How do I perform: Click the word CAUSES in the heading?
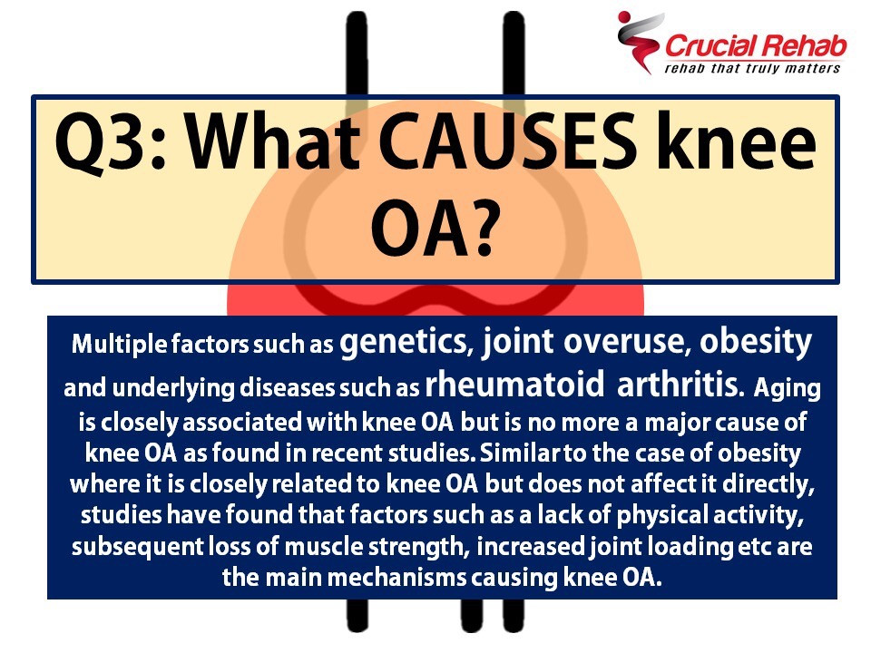point(509,141)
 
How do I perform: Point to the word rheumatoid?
point(514,385)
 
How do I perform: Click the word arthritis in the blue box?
point(680,385)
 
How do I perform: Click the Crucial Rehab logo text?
point(756,46)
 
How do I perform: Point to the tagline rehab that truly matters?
point(752,69)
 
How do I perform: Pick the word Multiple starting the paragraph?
point(120,345)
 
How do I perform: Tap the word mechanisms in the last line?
point(396,578)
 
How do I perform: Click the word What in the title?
point(273,141)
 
